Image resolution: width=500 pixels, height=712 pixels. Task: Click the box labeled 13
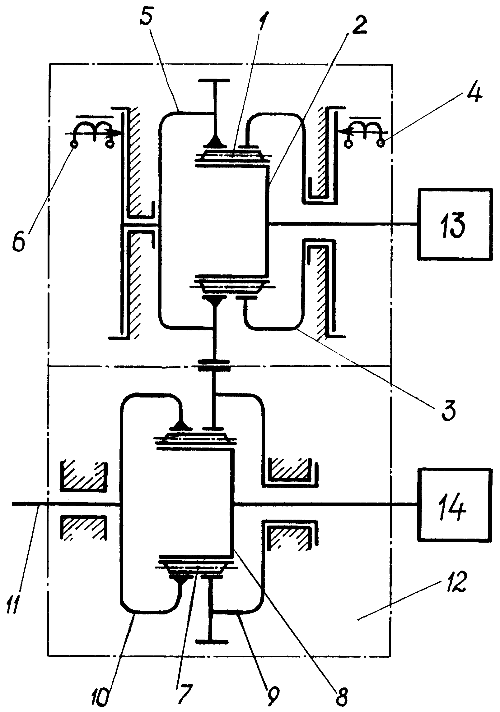(x=455, y=224)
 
